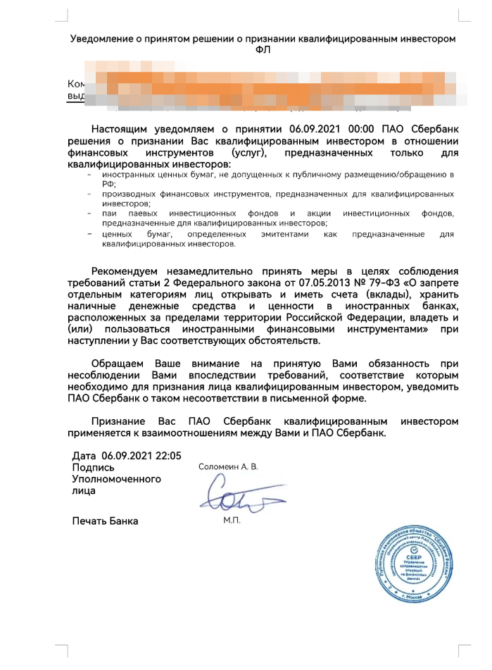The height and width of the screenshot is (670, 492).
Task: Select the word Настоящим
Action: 120,130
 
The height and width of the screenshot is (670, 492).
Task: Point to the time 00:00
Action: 343,130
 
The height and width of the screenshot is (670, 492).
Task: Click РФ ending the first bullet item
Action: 107,182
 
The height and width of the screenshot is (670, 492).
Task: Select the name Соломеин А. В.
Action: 229,466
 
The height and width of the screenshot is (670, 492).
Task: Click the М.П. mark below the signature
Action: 232,521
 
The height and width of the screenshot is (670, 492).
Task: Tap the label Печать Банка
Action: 105,521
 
